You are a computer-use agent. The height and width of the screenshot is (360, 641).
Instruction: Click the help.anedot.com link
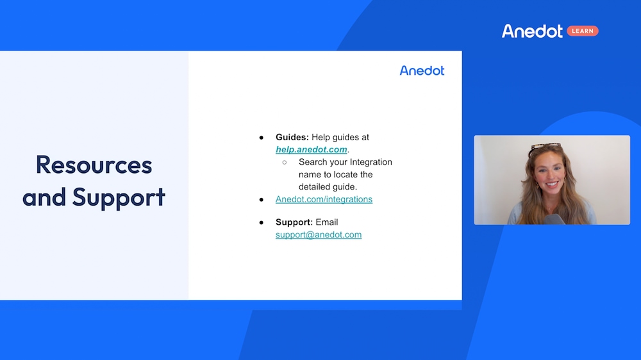click(312, 149)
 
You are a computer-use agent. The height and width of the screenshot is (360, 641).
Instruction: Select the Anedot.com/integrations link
click(324, 199)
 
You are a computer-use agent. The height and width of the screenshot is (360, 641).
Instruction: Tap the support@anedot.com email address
click(319, 235)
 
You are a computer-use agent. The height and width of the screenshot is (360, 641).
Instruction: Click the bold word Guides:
click(292, 137)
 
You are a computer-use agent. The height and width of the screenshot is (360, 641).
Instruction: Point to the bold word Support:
click(294, 222)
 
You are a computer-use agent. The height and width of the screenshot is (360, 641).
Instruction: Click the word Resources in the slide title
click(94, 165)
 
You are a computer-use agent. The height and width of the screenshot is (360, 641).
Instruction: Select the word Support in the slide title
click(119, 197)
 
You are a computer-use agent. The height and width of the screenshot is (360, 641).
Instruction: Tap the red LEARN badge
click(582, 31)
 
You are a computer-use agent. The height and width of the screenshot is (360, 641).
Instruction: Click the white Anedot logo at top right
click(532, 31)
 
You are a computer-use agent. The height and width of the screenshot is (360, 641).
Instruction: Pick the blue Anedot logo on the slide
click(422, 70)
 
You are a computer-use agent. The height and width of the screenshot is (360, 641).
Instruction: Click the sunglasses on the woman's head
click(545, 149)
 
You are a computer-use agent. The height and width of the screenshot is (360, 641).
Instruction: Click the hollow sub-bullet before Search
click(285, 162)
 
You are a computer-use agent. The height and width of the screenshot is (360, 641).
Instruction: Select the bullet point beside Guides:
click(262, 137)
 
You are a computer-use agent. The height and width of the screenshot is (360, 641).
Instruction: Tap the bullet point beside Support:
click(262, 222)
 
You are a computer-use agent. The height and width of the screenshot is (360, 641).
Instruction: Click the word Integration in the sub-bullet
click(371, 162)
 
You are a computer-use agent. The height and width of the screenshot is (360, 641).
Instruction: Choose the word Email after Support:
click(327, 222)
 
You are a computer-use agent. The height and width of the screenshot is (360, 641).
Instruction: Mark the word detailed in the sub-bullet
click(315, 186)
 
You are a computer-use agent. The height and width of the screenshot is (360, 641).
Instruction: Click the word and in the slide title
click(44, 197)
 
